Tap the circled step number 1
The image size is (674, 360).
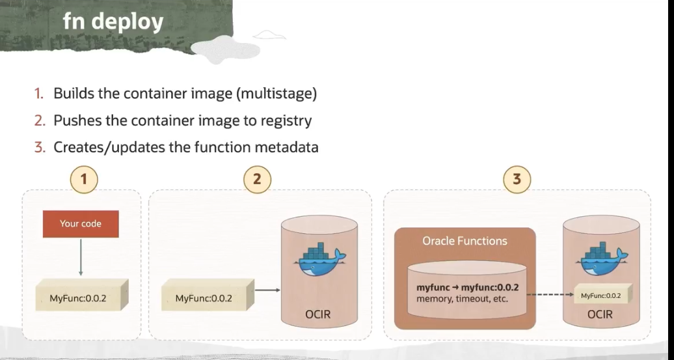[x=84, y=179]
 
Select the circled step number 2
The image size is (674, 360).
[x=257, y=179]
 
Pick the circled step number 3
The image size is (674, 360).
[x=517, y=179]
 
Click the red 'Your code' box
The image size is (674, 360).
[x=81, y=223]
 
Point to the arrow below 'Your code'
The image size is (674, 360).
[x=81, y=256]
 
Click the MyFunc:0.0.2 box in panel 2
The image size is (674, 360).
[x=204, y=299]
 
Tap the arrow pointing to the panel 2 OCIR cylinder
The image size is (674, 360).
[x=266, y=290]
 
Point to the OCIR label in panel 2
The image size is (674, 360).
[x=318, y=314]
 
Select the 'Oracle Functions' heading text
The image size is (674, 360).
[x=465, y=241]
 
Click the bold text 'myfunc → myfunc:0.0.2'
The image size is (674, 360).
[x=467, y=287]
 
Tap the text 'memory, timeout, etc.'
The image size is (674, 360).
[x=463, y=299]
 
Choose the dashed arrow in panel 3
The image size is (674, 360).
[x=550, y=294]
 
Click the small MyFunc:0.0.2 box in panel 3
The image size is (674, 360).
[x=600, y=296]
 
